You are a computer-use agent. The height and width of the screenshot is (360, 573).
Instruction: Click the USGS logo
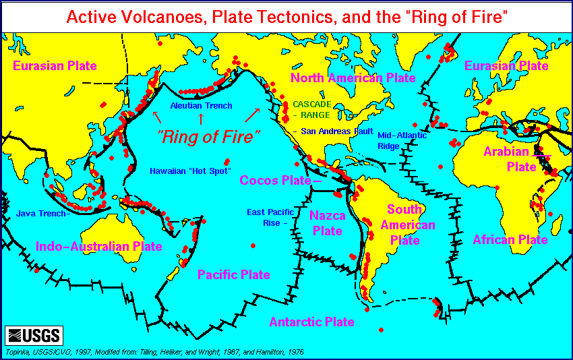pos(34,335)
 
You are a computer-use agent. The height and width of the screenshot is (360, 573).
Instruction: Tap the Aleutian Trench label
pos(201,106)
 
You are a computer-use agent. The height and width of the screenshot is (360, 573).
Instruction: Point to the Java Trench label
pos(41,214)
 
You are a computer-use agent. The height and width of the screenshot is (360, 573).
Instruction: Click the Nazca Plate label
pos(327,223)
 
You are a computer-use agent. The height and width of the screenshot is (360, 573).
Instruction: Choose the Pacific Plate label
pos(233,274)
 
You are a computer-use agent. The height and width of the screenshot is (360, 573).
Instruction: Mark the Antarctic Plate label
pos(311,322)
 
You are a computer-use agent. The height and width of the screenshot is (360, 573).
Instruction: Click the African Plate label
pos(510,239)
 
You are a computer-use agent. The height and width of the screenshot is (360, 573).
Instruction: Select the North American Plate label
pos(353,78)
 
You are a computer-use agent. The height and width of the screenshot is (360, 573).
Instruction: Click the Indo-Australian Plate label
pos(99,246)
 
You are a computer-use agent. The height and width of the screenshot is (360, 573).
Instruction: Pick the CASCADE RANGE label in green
pos(311,110)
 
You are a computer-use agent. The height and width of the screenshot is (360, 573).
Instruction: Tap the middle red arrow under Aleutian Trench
pos(200,119)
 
